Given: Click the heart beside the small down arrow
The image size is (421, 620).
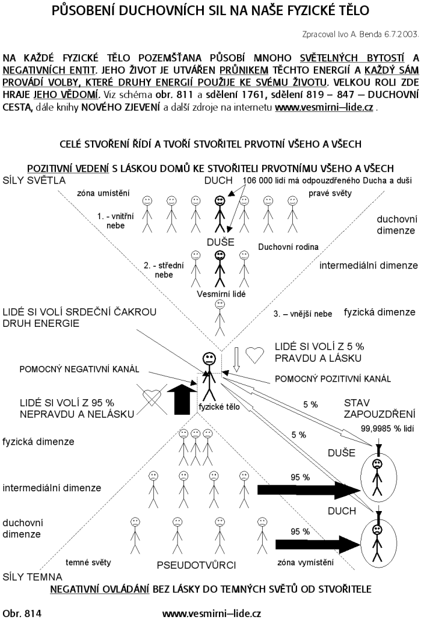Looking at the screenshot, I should (x=255, y=356).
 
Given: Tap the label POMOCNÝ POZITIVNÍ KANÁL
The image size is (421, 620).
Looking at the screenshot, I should (x=333, y=379).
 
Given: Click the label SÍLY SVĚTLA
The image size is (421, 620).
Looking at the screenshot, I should (x=34, y=181).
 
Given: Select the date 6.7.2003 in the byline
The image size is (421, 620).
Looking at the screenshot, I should (x=400, y=34).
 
